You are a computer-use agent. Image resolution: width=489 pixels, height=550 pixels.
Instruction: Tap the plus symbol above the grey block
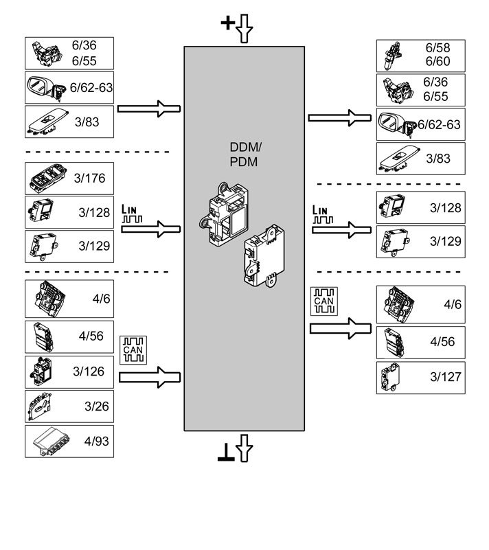click(x=227, y=23)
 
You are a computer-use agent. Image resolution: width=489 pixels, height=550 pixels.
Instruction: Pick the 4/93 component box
click(x=69, y=442)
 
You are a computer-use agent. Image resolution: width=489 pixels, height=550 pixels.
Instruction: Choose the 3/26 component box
click(x=69, y=406)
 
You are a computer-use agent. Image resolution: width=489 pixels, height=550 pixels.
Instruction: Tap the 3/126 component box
click(x=69, y=371)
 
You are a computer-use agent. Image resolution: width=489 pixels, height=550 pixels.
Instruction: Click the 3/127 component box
click(x=420, y=377)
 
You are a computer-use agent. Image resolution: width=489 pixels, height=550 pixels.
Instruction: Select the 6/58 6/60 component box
click(x=420, y=55)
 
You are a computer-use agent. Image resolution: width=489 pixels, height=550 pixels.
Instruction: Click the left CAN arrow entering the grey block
click(x=150, y=376)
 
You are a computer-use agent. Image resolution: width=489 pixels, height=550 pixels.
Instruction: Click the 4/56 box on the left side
click(x=69, y=336)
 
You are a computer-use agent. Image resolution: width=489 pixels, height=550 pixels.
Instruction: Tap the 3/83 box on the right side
click(x=420, y=159)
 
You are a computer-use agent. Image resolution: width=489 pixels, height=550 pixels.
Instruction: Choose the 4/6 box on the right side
click(x=420, y=304)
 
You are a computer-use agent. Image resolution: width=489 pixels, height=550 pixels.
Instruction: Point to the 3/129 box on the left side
click(x=69, y=246)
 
